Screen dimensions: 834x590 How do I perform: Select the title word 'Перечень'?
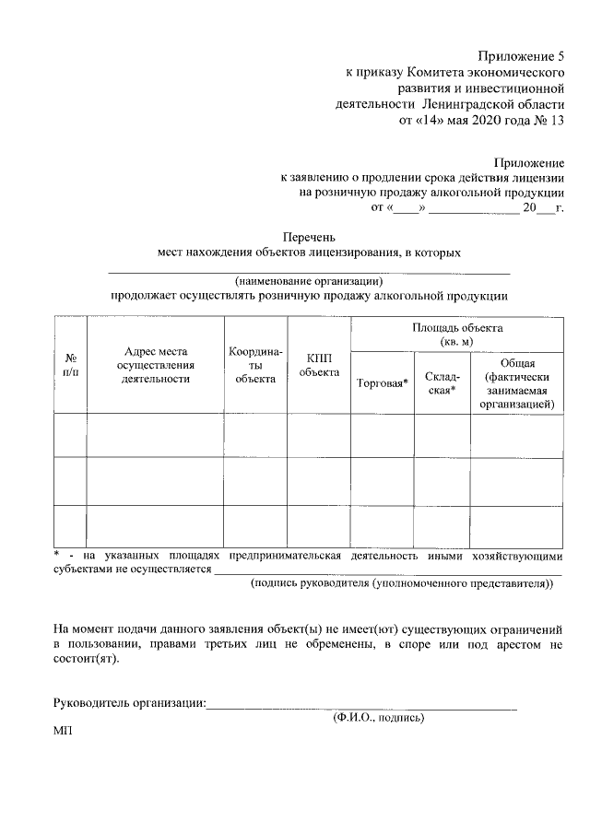[309, 236]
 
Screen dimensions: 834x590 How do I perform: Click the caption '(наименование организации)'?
[308, 281]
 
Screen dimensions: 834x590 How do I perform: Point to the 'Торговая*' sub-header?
[382, 382]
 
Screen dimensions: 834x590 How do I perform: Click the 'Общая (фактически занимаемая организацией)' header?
[517, 382]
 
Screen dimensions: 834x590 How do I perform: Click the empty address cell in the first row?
[155, 435]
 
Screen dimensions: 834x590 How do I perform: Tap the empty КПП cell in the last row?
[319, 525]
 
